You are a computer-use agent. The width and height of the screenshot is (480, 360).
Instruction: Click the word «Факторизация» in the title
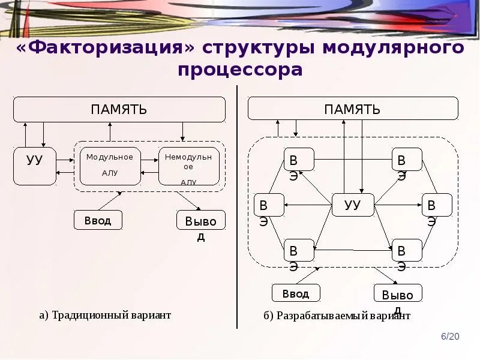[x=106, y=47]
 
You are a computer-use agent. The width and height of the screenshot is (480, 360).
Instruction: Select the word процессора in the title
[x=240, y=70]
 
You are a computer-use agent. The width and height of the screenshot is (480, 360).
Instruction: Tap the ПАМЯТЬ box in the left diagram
[x=119, y=110]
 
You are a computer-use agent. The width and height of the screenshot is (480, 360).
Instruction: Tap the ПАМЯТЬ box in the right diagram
[x=353, y=109]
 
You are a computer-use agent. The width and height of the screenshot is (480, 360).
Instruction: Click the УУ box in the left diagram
[x=35, y=166]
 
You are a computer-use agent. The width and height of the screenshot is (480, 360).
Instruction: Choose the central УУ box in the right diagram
[x=353, y=205]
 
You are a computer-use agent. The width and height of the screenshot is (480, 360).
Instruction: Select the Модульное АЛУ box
[x=110, y=166]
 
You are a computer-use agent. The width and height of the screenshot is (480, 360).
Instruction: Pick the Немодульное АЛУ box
[x=189, y=166]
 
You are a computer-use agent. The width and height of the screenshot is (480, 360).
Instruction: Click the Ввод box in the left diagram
[x=98, y=220]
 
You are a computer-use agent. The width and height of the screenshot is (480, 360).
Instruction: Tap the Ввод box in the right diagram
[x=296, y=293]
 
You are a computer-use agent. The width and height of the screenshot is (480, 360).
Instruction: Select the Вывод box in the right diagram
[x=398, y=294]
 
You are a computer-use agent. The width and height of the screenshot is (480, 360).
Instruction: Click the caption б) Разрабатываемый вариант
[x=336, y=316]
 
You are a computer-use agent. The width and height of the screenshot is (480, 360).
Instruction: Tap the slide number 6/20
[x=450, y=337]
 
